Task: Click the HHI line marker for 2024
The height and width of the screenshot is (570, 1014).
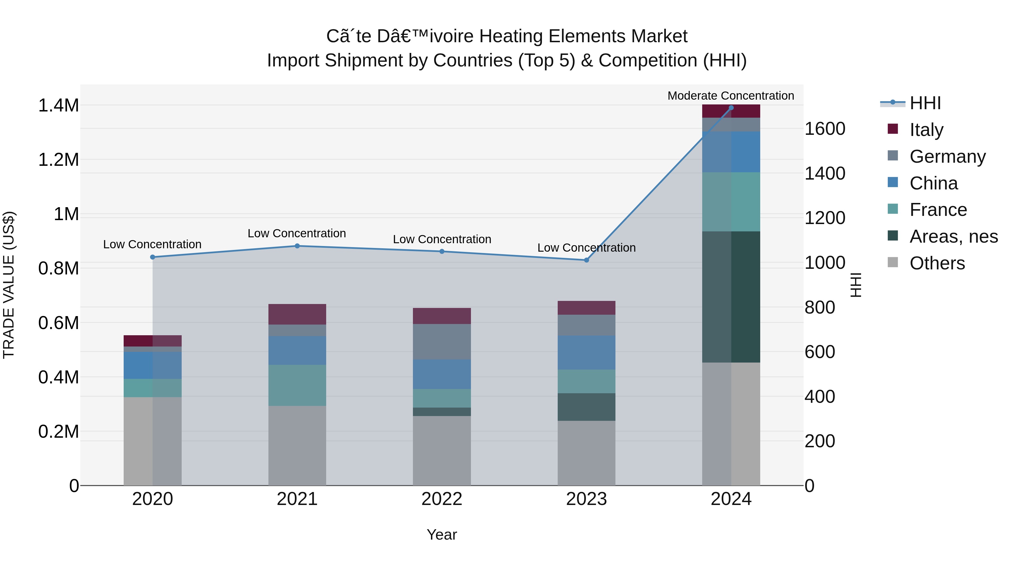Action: (x=731, y=108)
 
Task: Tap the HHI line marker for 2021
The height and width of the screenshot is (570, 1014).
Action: (x=297, y=246)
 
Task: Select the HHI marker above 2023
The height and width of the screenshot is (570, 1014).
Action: (x=586, y=260)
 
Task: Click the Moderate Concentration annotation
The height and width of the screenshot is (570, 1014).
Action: (x=731, y=96)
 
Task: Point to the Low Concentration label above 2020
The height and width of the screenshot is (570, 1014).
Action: (x=152, y=244)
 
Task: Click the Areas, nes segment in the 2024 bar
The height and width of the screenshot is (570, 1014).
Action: (x=731, y=297)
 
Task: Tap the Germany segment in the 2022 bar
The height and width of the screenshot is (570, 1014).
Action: (x=442, y=341)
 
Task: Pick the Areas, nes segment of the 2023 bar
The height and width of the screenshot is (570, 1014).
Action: (x=586, y=407)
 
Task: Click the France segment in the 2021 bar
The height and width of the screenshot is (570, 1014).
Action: (x=297, y=385)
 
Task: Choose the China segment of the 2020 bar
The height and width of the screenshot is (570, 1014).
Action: (x=152, y=365)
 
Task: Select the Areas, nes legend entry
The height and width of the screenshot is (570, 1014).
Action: (x=953, y=236)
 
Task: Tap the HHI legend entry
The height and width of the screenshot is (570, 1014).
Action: (x=925, y=103)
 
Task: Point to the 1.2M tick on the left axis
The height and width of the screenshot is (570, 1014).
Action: (x=58, y=160)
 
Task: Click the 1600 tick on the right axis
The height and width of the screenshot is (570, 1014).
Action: (x=825, y=129)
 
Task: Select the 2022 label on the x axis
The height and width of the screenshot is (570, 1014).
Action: (x=442, y=499)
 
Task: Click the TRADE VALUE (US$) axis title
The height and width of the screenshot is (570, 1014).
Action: (x=9, y=285)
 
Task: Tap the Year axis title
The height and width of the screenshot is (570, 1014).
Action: (x=442, y=535)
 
